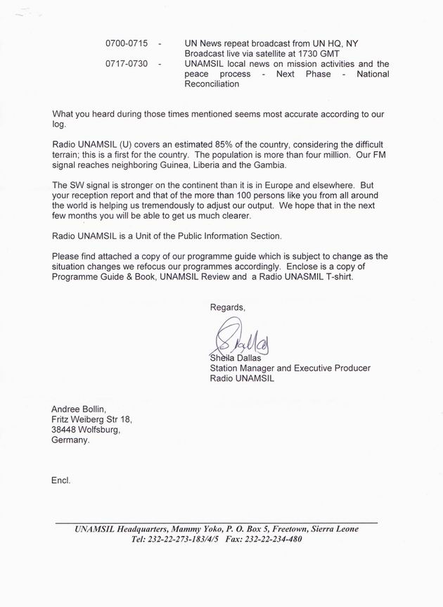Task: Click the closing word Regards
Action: [228, 307]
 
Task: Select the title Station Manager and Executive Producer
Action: [290, 368]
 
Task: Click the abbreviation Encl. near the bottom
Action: [61, 481]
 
